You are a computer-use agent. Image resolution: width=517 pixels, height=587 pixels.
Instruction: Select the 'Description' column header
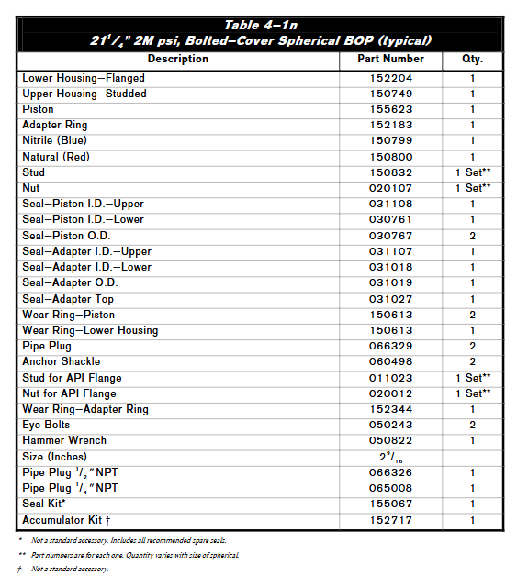pos(177,59)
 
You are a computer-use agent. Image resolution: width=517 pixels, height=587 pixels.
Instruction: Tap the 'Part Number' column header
pos(390,59)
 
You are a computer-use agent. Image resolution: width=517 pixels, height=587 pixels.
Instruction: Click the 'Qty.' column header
pos(473,59)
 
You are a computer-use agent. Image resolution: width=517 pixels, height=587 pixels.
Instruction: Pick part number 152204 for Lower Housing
pos(390,78)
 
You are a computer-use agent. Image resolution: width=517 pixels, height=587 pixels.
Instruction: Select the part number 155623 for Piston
pos(390,109)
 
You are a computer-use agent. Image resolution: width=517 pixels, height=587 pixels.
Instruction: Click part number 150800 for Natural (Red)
pos(390,157)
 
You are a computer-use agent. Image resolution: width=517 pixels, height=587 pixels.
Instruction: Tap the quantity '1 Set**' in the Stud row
pos(473,172)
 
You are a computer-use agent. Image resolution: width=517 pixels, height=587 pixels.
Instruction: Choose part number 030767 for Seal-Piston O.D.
pos(390,236)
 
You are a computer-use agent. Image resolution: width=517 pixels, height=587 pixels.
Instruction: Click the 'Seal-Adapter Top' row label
pos(69,299)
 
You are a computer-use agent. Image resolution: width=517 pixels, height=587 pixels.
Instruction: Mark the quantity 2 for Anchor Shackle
pos(473,361)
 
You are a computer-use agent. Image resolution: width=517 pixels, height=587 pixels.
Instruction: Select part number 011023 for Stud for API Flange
pos(390,378)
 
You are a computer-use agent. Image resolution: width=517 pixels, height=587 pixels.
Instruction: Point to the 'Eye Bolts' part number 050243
pos(390,425)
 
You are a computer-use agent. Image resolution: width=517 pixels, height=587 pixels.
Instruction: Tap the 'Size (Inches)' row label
pos(55,456)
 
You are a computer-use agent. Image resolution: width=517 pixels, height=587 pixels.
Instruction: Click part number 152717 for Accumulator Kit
pos(390,520)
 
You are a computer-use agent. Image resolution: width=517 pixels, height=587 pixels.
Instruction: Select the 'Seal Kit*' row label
pos(45,504)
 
